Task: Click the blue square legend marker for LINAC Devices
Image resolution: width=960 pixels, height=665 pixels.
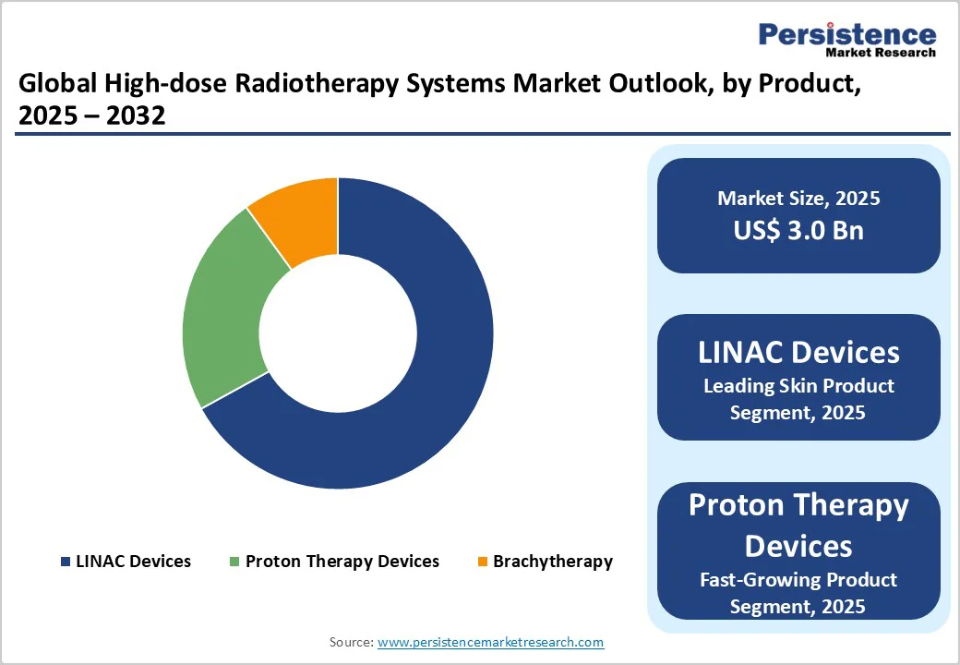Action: pyautogui.click(x=66, y=562)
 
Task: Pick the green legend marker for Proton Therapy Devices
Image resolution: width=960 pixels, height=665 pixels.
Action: pyautogui.click(x=234, y=562)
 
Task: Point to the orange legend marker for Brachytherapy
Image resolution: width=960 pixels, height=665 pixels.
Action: pyautogui.click(x=482, y=562)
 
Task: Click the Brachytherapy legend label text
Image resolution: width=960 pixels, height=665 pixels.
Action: pyautogui.click(x=552, y=562)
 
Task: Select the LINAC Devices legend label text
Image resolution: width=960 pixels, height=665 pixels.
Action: pyautogui.click(x=134, y=562)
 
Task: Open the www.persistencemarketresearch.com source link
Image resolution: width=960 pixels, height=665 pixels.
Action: pyautogui.click(x=491, y=642)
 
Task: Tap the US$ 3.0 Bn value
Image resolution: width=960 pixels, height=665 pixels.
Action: pyautogui.click(x=798, y=230)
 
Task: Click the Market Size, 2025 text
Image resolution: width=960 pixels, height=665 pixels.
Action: pyautogui.click(x=798, y=199)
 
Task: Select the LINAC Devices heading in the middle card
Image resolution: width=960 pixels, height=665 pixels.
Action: pyautogui.click(x=798, y=352)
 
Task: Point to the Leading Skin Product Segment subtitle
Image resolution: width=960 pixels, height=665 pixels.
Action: pyautogui.click(x=798, y=399)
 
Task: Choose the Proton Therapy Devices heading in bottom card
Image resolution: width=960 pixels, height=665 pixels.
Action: pyautogui.click(x=798, y=525)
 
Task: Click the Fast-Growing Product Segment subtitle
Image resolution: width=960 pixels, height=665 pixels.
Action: pyautogui.click(x=798, y=593)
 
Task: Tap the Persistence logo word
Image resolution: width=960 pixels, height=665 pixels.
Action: pyautogui.click(x=846, y=34)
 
